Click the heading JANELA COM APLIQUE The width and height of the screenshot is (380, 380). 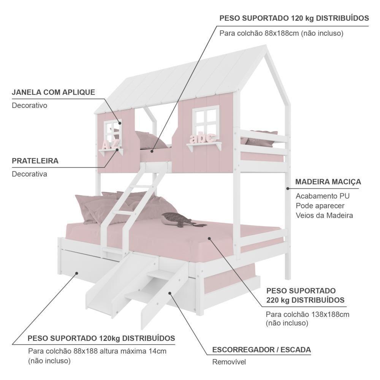tap(53, 92)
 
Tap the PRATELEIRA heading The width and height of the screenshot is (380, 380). tap(35, 161)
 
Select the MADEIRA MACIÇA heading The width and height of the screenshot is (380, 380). tap(328, 182)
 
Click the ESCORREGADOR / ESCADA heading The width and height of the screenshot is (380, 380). tap(261, 349)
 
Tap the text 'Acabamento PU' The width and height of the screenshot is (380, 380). tap(323, 196)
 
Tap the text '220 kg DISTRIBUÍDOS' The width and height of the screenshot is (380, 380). tap(305, 300)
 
